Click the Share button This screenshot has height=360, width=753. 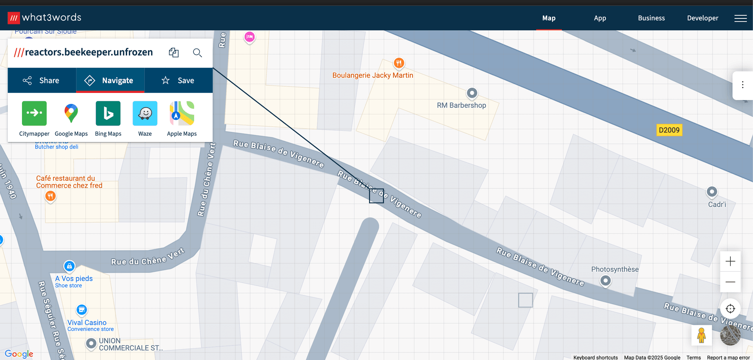click(x=42, y=80)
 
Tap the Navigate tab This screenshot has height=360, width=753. click(x=110, y=80)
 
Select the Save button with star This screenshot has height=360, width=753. click(x=178, y=80)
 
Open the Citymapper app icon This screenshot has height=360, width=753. click(x=34, y=113)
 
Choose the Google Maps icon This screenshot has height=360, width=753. click(x=71, y=113)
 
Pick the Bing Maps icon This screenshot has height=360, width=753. click(x=108, y=113)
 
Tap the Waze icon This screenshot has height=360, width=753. click(x=145, y=113)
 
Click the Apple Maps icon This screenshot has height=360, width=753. click(x=182, y=113)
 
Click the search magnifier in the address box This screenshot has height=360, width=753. click(x=197, y=53)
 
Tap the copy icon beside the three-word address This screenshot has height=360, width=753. click(x=174, y=53)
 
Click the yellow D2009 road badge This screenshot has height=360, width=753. click(x=669, y=130)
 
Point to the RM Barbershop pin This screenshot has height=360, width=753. click(x=472, y=93)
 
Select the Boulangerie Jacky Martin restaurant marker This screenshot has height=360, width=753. click(x=399, y=63)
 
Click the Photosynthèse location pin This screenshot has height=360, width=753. click(x=606, y=280)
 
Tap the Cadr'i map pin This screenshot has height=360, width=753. click(x=711, y=192)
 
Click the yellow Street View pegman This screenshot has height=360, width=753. click(x=701, y=335)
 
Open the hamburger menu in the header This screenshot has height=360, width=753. click(x=740, y=18)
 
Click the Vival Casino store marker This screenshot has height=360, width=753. click(x=82, y=310)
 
